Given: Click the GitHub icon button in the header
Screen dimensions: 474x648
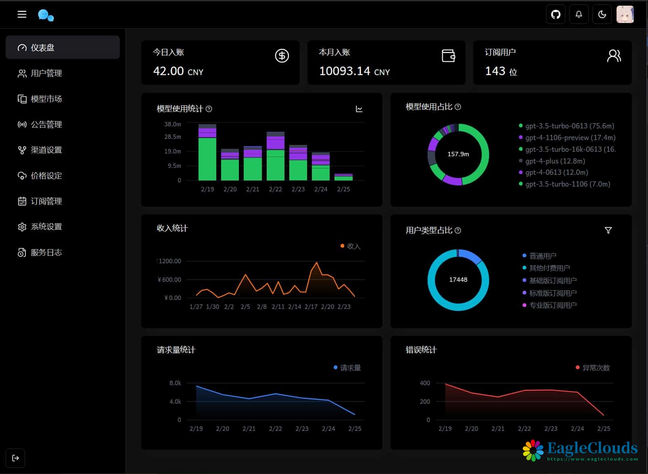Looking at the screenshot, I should [x=556, y=15].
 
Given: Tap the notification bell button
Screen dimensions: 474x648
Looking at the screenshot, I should [x=579, y=15].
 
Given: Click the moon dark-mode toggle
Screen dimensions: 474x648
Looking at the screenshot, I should [x=602, y=15].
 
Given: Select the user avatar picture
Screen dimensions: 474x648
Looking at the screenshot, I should [x=625, y=15].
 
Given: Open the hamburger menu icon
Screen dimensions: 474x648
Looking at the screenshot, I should [x=22, y=15].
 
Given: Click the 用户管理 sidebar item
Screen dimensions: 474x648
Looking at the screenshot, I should [x=46, y=73].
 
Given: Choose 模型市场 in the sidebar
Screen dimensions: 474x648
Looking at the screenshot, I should [x=46, y=99].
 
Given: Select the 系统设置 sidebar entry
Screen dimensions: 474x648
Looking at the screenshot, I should [x=46, y=227].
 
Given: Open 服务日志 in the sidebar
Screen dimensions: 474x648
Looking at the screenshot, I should [x=46, y=252].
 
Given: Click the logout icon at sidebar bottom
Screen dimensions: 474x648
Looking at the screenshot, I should [x=15, y=458].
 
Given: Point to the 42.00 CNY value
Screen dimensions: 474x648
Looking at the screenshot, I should [x=178, y=71].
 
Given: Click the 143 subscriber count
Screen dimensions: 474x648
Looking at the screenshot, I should [x=495, y=71].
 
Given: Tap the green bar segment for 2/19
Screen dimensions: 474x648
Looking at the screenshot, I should [x=207, y=159].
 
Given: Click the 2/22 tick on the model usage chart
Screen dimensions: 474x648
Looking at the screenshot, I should [x=275, y=189].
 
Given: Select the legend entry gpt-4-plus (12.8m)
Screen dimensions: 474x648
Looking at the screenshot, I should [x=555, y=161].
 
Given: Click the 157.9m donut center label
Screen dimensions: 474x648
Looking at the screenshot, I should [x=458, y=154].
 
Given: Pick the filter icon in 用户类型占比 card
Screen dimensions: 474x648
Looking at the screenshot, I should [x=608, y=230].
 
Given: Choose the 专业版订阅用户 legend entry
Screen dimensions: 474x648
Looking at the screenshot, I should [x=552, y=305].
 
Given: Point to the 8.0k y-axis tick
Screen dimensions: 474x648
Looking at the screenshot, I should [x=175, y=383].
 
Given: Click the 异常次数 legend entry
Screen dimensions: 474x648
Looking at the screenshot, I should [x=596, y=368].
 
